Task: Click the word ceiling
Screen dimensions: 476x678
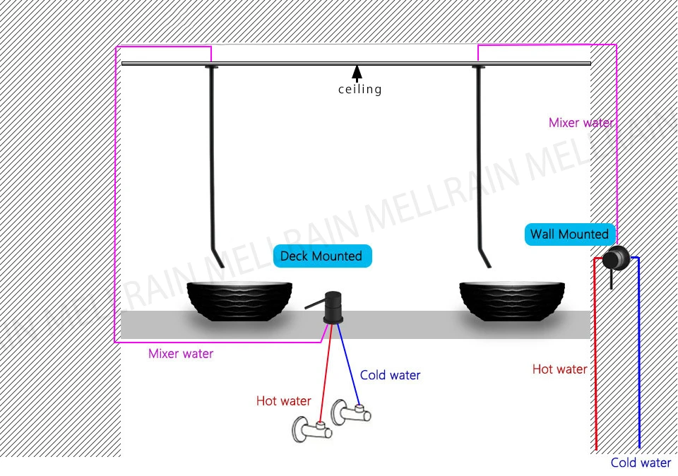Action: click(x=359, y=90)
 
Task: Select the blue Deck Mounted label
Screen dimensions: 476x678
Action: click(x=321, y=256)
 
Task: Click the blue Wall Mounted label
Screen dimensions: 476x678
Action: click(x=569, y=234)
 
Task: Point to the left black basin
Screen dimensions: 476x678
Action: click(x=239, y=299)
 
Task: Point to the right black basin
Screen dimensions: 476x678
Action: click(x=513, y=299)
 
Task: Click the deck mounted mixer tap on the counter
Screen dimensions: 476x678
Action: click(x=332, y=309)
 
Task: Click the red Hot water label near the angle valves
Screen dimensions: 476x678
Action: click(x=283, y=401)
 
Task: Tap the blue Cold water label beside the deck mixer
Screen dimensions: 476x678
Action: click(x=390, y=375)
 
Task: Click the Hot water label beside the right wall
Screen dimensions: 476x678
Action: click(x=559, y=369)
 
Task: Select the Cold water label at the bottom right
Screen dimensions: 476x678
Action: click(x=641, y=463)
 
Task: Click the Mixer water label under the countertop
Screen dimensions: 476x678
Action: click(x=181, y=354)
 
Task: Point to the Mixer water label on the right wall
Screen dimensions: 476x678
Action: click(x=581, y=123)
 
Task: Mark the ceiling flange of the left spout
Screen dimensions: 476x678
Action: click(x=211, y=67)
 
